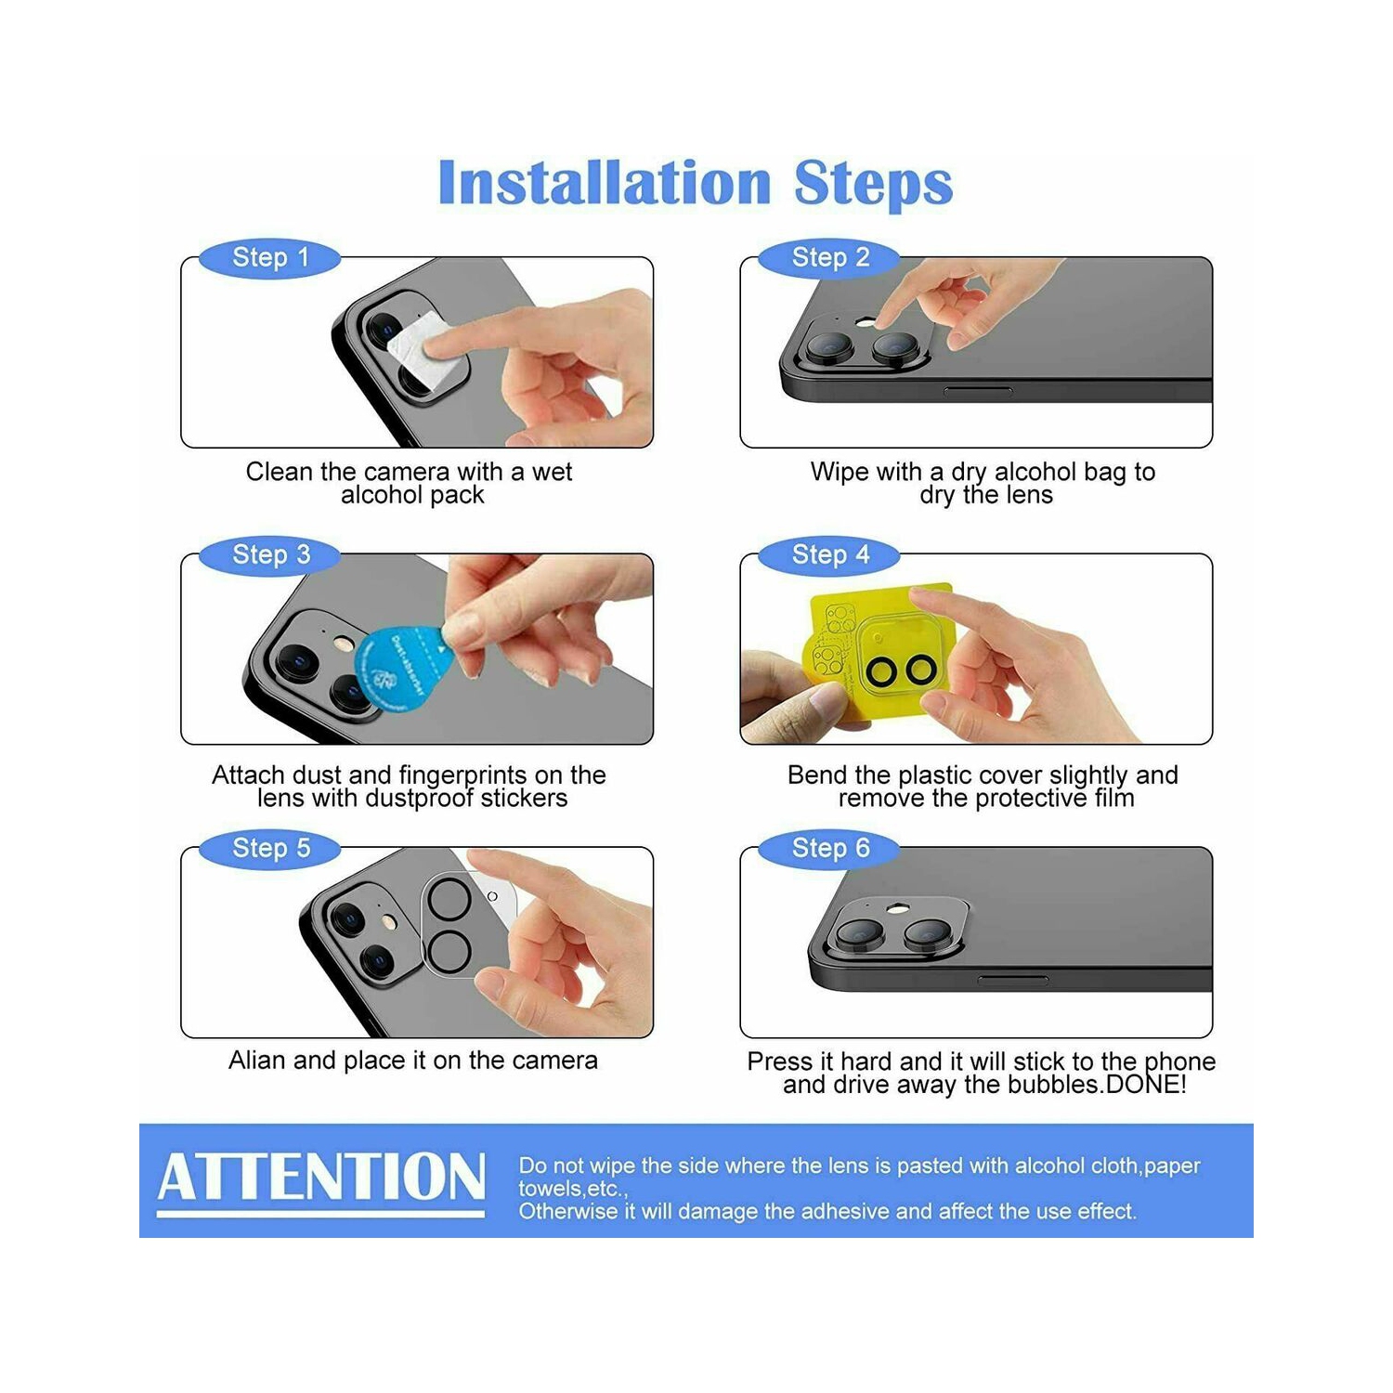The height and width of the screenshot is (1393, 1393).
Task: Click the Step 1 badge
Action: [x=270, y=257]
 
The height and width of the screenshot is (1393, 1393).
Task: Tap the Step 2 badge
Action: [x=829, y=257]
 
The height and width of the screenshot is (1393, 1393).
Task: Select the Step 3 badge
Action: [x=270, y=554]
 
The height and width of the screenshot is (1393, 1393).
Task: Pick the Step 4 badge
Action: [x=829, y=554]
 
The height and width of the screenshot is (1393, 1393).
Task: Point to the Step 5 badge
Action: [x=270, y=848]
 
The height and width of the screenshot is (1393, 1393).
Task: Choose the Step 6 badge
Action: [x=829, y=848]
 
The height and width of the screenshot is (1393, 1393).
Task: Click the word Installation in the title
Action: [x=605, y=182]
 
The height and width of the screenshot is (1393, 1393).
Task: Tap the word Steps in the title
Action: [x=873, y=184]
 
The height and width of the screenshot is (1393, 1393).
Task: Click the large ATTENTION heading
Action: [x=321, y=1177]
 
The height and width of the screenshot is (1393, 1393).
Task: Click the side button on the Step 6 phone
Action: [x=1012, y=979]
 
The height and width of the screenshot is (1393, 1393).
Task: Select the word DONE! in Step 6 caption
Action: [x=1152, y=1085]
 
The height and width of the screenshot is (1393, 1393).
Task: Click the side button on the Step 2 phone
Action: [x=978, y=391]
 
